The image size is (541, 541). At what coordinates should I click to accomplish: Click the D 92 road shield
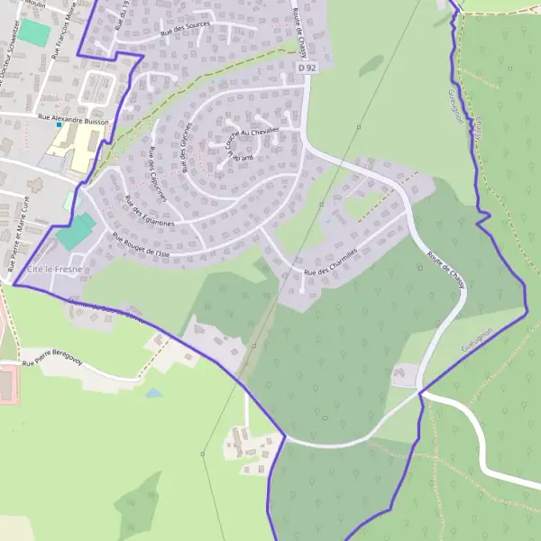308,67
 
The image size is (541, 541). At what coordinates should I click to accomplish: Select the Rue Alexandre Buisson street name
73,118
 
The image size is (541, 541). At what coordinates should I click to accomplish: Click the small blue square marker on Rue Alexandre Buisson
60,125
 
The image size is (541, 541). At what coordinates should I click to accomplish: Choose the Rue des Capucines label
157,167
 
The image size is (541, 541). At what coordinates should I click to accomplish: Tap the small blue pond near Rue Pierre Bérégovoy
154,394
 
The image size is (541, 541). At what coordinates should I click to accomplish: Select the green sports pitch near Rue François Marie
36,32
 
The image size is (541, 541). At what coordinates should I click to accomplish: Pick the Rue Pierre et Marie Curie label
17,243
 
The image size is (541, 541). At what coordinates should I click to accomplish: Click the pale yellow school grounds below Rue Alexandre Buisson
80,146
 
